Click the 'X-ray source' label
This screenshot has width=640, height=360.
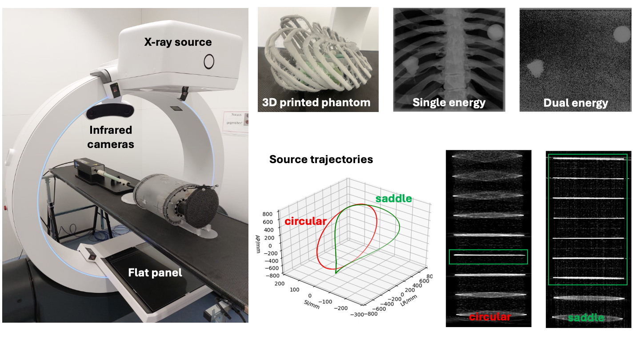coord(177,42)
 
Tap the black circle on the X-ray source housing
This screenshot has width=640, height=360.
coord(209,61)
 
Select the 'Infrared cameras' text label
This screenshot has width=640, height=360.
coord(111,137)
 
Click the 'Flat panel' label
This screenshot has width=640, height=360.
coord(155,272)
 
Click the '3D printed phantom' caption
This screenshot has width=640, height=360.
coord(316,103)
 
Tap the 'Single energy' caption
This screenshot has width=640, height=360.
coord(449,103)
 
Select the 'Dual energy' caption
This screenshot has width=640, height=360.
coord(576,103)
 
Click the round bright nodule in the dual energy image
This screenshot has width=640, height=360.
coord(621,34)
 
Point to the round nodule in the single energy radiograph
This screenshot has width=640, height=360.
coord(495,32)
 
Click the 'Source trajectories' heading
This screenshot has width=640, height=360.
coord(321,159)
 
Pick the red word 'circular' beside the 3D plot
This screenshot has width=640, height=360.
coord(306,220)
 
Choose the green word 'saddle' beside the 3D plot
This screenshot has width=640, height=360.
coord(394,198)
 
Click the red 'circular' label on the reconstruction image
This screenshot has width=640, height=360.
coord(490,316)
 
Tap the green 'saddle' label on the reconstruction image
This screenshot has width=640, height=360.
coord(586,318)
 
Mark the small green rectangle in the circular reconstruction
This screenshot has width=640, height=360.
coord(488,257)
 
